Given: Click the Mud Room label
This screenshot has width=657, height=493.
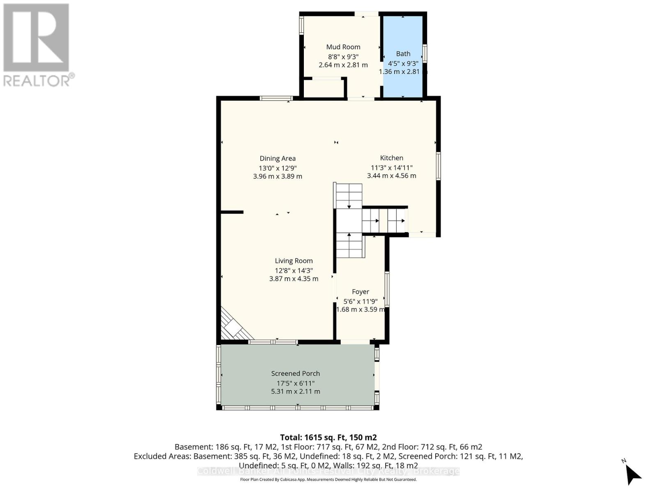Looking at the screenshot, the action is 343,47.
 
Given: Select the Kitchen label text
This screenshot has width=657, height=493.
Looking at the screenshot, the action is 391,158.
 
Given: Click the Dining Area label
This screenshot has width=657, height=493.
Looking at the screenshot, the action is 278,159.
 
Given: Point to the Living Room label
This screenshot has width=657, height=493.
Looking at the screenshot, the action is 294,261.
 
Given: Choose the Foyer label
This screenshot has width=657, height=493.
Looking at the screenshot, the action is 360,292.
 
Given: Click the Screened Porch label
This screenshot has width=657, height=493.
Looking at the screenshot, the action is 295,373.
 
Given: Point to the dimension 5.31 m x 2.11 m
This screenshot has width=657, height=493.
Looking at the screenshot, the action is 295,392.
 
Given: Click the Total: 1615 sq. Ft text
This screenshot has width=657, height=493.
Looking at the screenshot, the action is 328,438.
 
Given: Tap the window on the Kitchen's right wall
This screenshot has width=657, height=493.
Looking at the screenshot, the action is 438,166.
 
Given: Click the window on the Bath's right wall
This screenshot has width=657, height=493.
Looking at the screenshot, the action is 425,53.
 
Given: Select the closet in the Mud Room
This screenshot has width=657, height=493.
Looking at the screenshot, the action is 324,88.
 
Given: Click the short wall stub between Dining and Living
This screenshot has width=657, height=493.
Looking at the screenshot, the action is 232,212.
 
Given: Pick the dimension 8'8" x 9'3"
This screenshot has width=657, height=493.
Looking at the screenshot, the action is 343,57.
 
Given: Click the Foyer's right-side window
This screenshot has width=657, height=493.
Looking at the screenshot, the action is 387,289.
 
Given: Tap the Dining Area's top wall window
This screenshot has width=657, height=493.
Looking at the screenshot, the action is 276,98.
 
